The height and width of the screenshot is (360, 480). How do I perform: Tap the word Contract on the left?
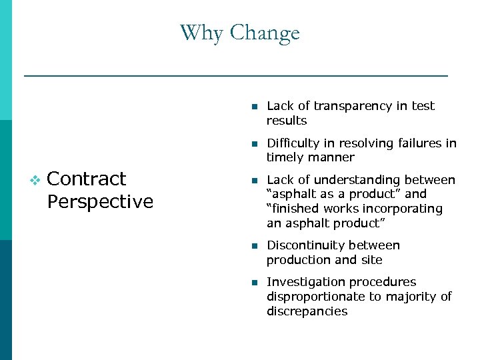point(87,179)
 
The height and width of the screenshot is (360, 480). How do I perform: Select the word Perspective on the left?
point(101,201)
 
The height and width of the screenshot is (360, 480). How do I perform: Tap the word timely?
point(285,157)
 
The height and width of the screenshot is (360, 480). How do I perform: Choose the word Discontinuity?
point(306,245)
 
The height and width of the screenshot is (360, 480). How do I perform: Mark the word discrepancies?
point(307,311)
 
